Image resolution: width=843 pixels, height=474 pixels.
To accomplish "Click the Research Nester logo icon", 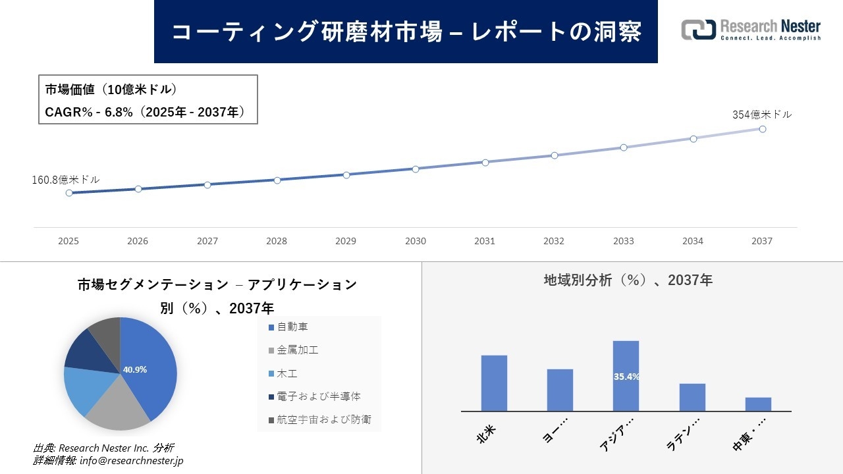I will click(698, 30).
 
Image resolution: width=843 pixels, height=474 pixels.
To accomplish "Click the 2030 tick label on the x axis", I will click(416, 241).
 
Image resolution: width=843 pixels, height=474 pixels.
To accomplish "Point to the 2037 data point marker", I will click(763, 129).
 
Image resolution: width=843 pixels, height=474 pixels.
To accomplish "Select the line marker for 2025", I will click(69, 193).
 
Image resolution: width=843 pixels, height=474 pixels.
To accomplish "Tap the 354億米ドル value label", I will click(762, 115).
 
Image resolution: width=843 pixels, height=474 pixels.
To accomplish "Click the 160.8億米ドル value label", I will click(66, 180).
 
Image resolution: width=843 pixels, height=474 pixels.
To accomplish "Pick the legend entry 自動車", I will click(292, 327).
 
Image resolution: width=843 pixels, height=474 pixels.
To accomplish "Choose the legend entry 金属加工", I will click(298, 350).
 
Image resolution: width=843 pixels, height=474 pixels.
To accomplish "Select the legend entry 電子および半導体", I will click(319, 396).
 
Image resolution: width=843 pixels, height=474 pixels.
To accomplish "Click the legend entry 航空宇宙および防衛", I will click(324, 419).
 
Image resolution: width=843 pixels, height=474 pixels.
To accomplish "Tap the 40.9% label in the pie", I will click(135, 369).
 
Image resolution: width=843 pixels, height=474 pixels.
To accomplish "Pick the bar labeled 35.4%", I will click(626, 376).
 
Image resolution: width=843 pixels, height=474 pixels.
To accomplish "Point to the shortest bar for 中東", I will click(758, 404).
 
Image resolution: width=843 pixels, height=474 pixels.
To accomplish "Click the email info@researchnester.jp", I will click(131, 461).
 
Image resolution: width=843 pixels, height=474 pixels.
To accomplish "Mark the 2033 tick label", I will click(623, 241).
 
